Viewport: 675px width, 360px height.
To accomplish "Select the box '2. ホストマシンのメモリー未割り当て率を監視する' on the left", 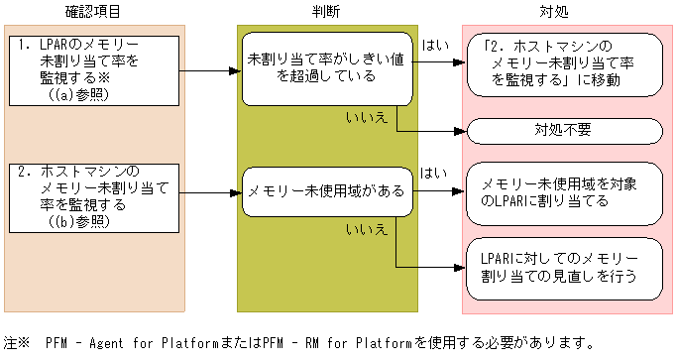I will click(94, 195).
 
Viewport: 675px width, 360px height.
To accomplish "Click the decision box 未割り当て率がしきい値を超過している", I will click(326, 67).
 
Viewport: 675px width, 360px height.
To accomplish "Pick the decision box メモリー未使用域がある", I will click(326, 189).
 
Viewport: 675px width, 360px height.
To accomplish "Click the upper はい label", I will click(434, 46).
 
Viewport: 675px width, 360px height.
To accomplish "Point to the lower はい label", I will click(434, 173).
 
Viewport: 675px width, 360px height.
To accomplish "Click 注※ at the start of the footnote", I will click(17, 343).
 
